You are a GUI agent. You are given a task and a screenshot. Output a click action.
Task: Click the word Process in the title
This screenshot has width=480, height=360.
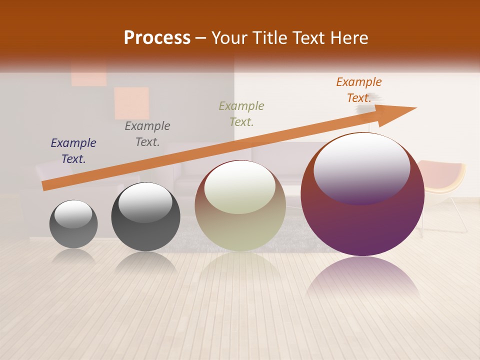point(157,38)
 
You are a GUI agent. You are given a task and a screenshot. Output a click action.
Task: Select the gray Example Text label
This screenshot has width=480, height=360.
point(147,133)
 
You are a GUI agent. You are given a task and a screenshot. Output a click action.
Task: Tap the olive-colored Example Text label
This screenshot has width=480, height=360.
point(241,113)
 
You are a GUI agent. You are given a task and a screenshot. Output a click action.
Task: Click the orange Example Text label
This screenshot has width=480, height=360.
point(359,89)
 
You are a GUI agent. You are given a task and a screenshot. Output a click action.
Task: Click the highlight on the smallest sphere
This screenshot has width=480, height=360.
point(73,214)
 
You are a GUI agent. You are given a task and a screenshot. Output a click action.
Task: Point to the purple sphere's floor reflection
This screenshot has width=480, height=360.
point(362,277)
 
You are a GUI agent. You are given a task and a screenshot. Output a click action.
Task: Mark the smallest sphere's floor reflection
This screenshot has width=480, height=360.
point(73,256)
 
